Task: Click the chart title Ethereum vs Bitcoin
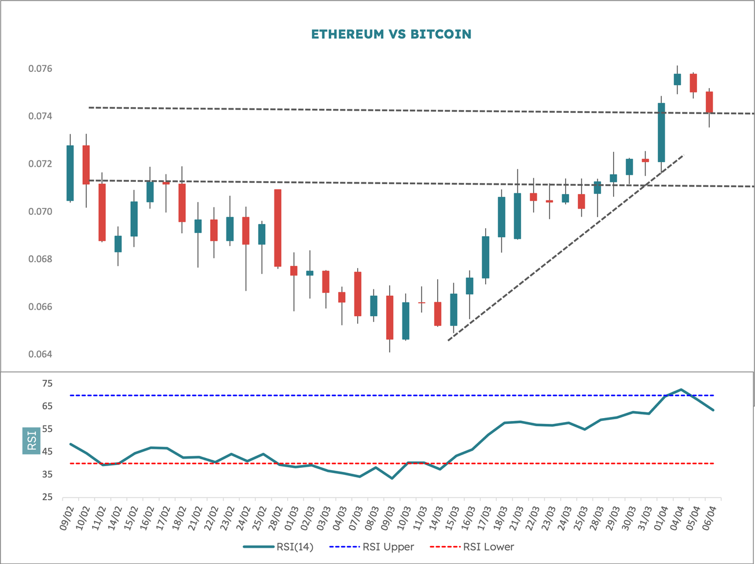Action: click(x=391, y=34)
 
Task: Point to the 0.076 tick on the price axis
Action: click(x=40, y=69)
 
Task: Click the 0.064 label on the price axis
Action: click(x=40, y=354)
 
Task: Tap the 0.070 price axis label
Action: click(x=40, y=212)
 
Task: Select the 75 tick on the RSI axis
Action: click(x=47, y=383)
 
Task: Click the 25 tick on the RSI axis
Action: click(x=47, y=497)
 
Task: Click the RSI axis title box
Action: click(x=32, y=440)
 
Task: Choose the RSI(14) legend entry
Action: click(x=278, y=547)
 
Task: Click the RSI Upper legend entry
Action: click(x=371, y=547)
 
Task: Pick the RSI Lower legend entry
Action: click(x=471, y=547)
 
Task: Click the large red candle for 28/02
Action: click(x=278, y=228)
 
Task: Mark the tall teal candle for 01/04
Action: click(x=661, y=133)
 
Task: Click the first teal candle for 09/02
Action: click(x=70, y=173)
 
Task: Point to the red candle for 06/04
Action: click(x=709, y=102)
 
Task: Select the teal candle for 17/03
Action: click(x=486, y=257)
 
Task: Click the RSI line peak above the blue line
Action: click(x=681, y=390)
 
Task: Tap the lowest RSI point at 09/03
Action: click(x=392, y=478)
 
